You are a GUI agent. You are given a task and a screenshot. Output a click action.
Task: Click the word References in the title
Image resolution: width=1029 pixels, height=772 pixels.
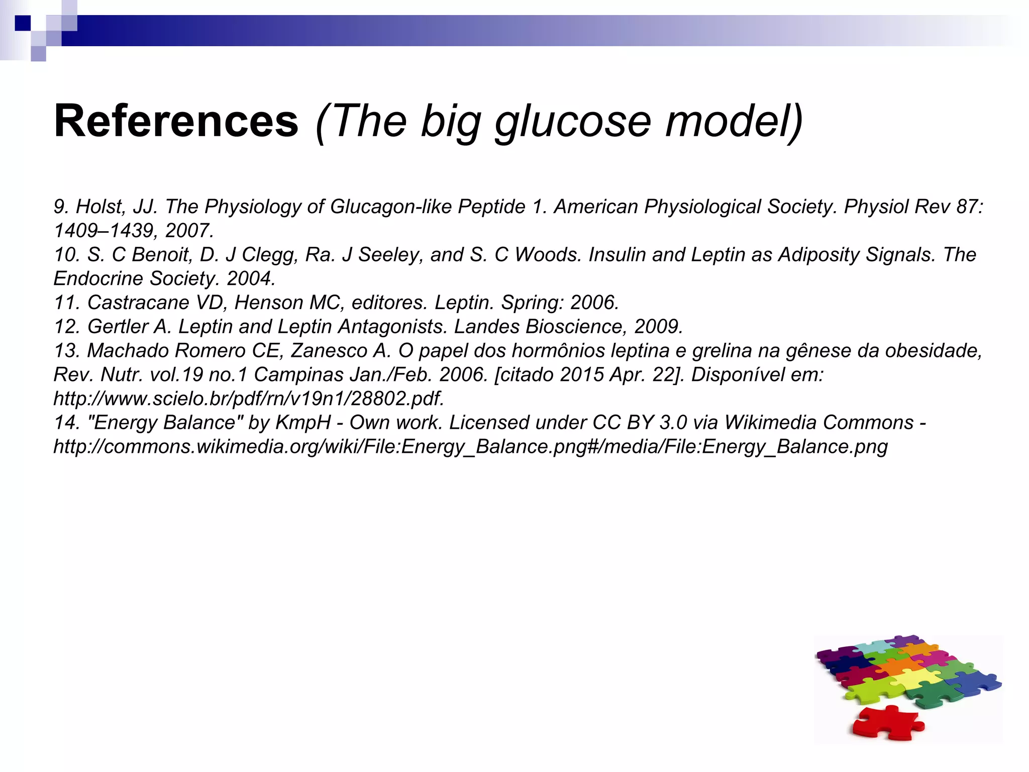176,121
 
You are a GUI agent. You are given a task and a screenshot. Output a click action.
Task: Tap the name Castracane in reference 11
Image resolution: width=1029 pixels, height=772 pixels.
138,303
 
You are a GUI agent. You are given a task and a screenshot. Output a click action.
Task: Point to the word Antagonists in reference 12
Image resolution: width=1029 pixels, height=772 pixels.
392,327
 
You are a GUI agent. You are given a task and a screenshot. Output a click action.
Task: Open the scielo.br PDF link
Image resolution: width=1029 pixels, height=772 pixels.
249,399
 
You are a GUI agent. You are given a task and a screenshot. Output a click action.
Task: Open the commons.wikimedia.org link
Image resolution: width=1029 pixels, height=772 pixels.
470,447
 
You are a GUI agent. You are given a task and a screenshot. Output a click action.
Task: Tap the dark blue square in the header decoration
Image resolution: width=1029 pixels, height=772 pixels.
23,23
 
